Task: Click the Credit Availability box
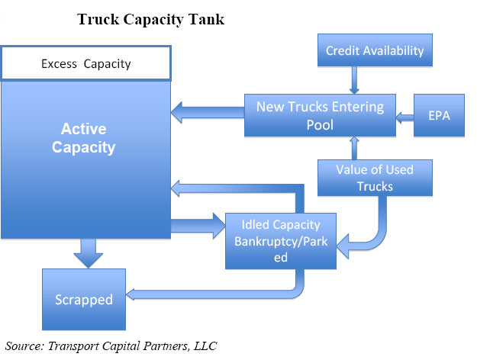click(x=375, y=50)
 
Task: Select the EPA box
click(x=439, y=115)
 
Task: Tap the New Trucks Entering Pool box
click(x=320, y=115)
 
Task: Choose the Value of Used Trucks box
click(x=375, y=178)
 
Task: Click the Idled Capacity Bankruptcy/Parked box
click(x=281, y=241)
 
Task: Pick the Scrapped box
click(x=84, y=299)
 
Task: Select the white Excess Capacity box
click(x=86, y=63)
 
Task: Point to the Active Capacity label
click(x=84, y=138)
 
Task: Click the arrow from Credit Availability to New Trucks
click(x=354, y=80)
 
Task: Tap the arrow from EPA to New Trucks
click(x=405, y=117)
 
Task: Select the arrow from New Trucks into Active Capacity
click(x=208, y=112)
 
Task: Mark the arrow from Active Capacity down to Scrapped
click(x=89, y=253)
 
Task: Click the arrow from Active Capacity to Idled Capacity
click(x=198, y=226)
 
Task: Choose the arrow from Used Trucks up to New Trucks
click(x=354, y=148)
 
